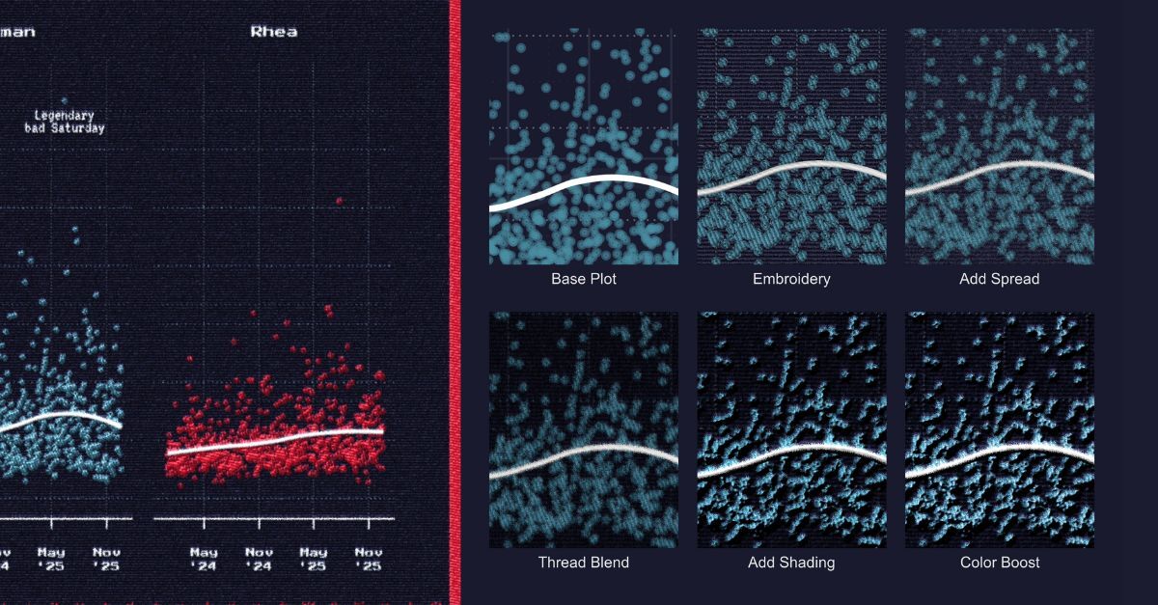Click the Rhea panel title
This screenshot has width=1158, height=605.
pyautogui.click(x=274, y=32)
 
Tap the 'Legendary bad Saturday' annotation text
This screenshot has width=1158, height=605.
pyautogui.click(x=65, y=122)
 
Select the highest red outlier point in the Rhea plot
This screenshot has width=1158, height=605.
pyautogui.click(x=339, y=201)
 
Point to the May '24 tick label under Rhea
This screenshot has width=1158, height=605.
pyautogui.click(x=204, y=559)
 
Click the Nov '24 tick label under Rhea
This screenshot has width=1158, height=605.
pyautogui.click(x=259, y=559)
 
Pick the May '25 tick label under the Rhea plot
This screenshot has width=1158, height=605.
pyautogui.click(x=314, y=559)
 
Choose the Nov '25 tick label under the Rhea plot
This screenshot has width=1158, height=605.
pyautogui.click(x=369, y=559)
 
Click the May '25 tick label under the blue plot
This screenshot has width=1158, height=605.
pyautogui.click(x=51, y=559)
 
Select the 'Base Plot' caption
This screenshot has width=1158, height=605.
pyautogui.click(x=584, y=279)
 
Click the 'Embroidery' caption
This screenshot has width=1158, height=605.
pyautogui.click(x=791, y=279)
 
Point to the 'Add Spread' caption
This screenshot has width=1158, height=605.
pyautogui.click(x=1000, y=279)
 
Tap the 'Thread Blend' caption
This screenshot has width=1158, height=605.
pyautogui.click(x=584, y=562)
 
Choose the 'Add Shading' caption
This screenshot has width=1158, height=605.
pyautogui.click(x=791, y=562)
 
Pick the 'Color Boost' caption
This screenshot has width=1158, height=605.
pyautogui.click(x=1000, y=562)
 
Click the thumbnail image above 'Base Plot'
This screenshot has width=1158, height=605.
pyautogui.click(x=584, y=147)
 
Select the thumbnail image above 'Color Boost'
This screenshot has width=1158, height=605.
pyautogui.click(x=1000, y=429)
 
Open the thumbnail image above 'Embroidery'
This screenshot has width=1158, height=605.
pyautogui.click(x=791, y=147)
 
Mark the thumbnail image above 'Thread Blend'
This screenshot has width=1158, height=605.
pyautogui.click(x=584, y=429)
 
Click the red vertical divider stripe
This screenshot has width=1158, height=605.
pyautogui.click(x=455, y=302)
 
